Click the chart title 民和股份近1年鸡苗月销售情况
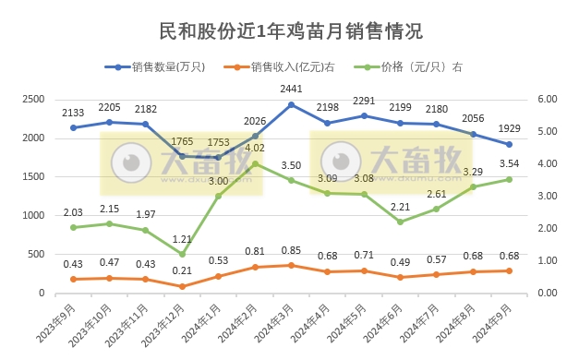pos(289,31)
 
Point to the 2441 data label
pos(292,89)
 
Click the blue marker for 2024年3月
pos(292,104)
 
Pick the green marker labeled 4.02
pos(255,163)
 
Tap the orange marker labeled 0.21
pos(182,286)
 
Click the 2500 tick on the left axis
pos(33,99)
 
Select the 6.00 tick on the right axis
pos(549,99)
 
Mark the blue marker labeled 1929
pos(509,144)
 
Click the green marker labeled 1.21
pos(182,254)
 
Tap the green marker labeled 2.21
pos(400,222)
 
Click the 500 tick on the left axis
pos(37,254)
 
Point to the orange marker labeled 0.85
pos(292,265)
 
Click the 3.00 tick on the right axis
pos(549,196)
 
